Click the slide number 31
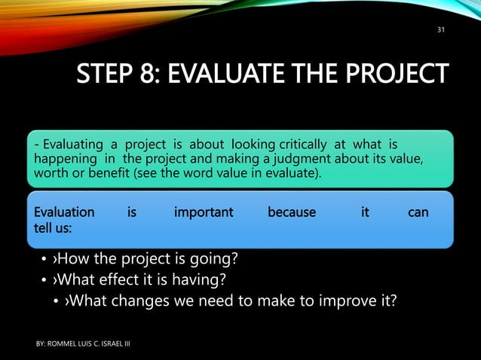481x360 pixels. coord(441,30)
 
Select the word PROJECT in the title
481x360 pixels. coord(399,75)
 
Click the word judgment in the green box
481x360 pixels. coord(302,159)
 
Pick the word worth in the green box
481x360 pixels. coord(50,175)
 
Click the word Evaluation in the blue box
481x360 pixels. coord(63,212)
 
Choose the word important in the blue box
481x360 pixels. coord(204,212)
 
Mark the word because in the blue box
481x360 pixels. coord(292,212)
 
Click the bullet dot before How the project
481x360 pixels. coord(43,261)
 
